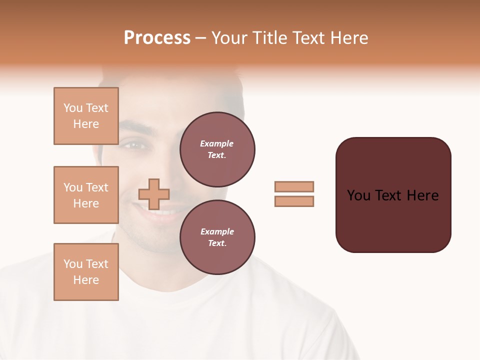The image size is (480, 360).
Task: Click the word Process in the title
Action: (157, 38)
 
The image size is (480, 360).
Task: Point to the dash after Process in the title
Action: (200, 38)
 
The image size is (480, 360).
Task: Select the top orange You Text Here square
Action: (86, 116)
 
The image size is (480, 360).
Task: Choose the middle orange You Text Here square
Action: (86, 195)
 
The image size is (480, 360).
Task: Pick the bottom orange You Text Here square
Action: (86, 272)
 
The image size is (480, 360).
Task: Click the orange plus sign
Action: (154, 194)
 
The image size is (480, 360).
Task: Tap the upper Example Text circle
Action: (217, 149)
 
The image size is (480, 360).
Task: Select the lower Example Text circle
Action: (217, 237)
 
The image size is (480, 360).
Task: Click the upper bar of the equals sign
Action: (294, 186)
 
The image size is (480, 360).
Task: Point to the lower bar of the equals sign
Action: (294, 201)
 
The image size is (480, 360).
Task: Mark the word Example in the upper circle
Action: (217, 143)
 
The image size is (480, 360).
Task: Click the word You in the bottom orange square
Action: (72, 264)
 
